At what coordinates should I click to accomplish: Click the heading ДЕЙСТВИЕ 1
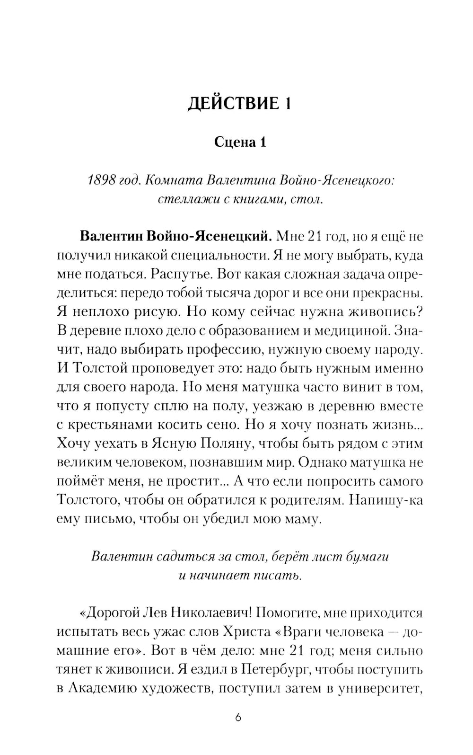click(239, 103)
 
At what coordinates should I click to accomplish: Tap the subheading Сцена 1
click(240, 142)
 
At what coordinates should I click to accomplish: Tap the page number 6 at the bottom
click(238, 718)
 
